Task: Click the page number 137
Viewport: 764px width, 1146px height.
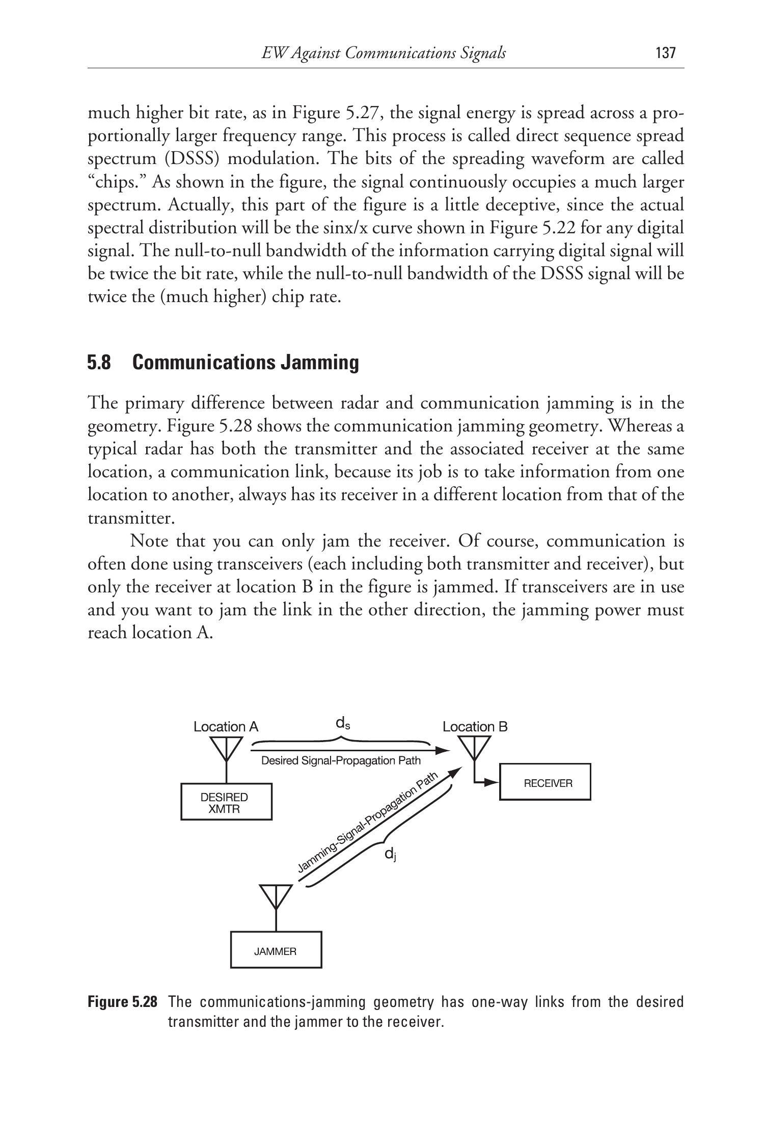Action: coord(665,53)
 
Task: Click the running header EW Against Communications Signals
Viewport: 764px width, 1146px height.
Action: coord(383,53)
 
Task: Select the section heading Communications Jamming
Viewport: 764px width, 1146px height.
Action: coord(245,363)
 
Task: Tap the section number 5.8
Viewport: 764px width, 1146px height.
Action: coord(99,363)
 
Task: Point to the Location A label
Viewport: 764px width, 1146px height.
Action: coord(226,727)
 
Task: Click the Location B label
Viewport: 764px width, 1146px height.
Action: coord(475,727)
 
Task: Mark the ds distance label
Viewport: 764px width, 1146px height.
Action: coord(342,723)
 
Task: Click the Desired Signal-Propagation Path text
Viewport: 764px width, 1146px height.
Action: coord(341,761)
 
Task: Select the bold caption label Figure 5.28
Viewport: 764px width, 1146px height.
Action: coord(122,1002)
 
